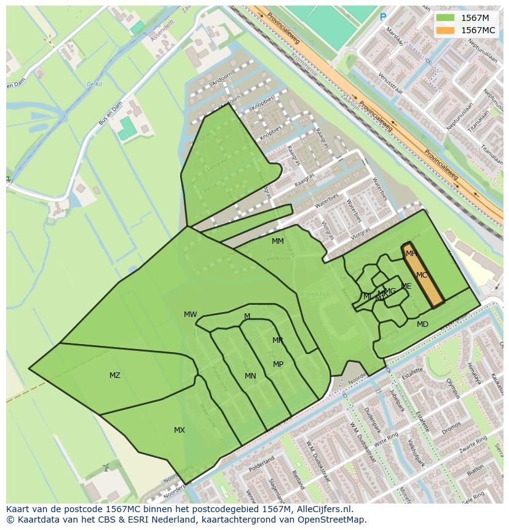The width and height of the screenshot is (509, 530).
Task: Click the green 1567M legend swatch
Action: [445, 18]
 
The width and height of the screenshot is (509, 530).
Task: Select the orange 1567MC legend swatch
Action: [445, 30]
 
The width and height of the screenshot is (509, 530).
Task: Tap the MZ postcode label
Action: [115, 375]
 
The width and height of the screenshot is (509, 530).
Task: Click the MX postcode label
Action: [180, 430]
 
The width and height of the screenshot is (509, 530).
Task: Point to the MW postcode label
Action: [191, 315]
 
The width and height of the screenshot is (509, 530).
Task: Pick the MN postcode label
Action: [250, 376]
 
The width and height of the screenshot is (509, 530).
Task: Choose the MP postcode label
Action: [278, 364]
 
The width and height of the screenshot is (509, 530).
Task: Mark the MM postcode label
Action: [278, 241]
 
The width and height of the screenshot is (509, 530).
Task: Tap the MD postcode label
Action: [422, 324]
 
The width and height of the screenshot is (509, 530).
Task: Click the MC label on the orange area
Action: [422, 275]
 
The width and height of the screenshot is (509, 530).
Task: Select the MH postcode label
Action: [411, 254]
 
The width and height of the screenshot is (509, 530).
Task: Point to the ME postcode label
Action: [406, 286]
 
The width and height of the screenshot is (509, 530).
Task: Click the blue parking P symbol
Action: [383, 18]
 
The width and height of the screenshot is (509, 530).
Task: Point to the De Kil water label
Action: [93, 84]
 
